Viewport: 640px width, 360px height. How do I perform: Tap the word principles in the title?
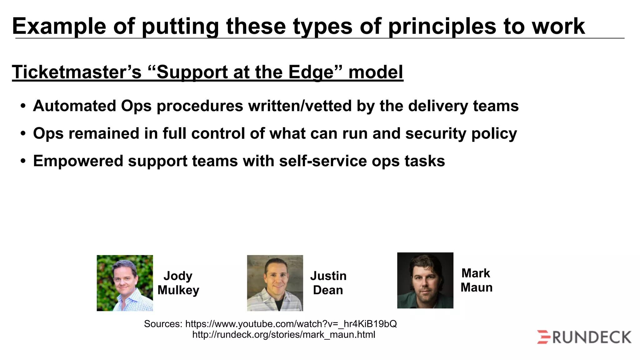coord(442,26)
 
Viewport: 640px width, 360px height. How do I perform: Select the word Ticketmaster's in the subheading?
coord(77,72)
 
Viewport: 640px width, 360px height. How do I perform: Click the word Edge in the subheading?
coord(311,72)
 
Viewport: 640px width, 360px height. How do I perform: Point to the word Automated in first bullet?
coord(74,106)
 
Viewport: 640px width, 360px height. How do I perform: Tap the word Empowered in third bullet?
coord(78,161)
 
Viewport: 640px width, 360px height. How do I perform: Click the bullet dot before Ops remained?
coord(23,134)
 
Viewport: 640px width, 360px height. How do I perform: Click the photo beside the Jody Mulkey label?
coord(125,283)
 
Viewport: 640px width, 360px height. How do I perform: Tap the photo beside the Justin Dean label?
coord(275,283)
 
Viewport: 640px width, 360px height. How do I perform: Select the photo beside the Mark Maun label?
coord(425,280)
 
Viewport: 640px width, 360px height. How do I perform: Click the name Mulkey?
coord(178,290)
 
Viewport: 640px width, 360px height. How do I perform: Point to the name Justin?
coord(328,276)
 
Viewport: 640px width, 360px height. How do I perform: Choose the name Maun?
coord(477,287)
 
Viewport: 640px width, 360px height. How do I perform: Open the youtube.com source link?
coord(291,324)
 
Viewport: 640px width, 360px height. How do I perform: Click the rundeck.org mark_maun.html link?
coord(283,335)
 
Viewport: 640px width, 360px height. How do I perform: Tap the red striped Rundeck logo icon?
coord(544,337)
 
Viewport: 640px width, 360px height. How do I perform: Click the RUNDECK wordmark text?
coord(592,337)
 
